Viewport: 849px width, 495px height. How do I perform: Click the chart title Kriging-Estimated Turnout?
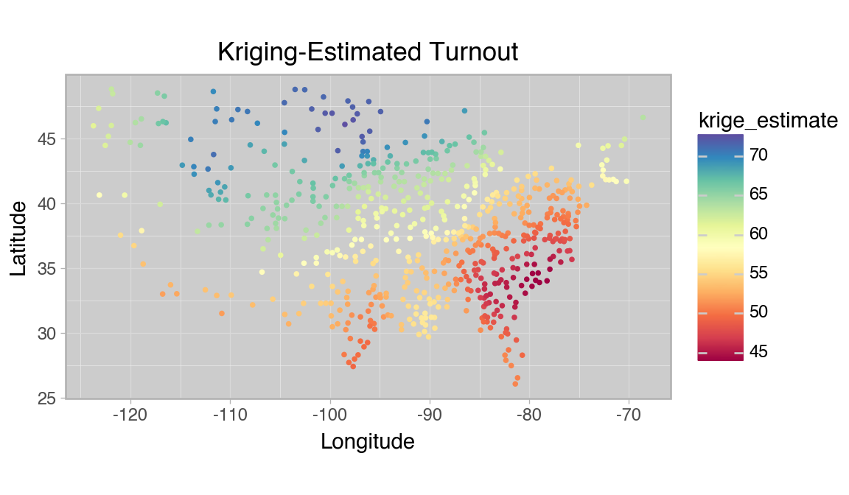[x=368, y=52]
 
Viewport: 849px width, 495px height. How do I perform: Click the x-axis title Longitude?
[x=367, y=441]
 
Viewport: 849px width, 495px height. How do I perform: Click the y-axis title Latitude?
[x=18, y=236]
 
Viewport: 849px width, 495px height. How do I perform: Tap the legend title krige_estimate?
[x=768, y=120]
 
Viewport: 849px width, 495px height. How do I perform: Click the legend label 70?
[x=758, y=155]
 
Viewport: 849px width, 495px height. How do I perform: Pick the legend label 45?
[x=758, y=352]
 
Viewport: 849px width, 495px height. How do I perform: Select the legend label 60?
[x=758, y=234]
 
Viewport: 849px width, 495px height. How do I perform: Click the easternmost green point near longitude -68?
[x=643, y=117]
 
